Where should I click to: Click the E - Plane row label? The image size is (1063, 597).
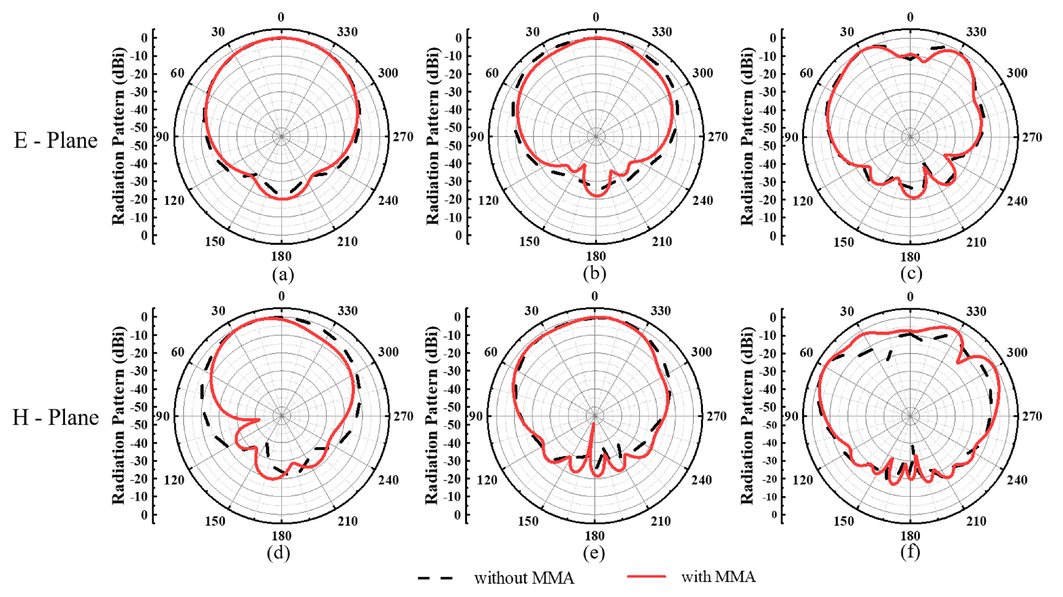point(56,141)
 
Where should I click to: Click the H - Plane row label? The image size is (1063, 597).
point(56,417)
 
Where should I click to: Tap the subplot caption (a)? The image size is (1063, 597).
point(283,275)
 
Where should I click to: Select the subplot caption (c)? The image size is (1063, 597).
point(911,274)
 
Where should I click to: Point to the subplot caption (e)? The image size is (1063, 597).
point(594,553)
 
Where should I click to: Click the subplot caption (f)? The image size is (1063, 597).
point(910,553)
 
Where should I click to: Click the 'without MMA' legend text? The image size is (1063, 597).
point(524,578)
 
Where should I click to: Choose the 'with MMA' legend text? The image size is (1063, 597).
point(718,577)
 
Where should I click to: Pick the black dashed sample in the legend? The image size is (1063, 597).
point(435,578)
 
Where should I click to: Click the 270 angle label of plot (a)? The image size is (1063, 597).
point(403,137)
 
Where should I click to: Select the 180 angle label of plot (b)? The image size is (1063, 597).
point(596,256)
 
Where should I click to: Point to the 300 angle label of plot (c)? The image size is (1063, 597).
point(1017,73)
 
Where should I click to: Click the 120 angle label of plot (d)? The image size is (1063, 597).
point(174,480)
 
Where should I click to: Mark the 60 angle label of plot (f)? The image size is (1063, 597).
point(806,352)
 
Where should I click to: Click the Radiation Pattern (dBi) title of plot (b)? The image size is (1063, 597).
point(433,137)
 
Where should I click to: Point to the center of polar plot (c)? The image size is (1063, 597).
point(910,137)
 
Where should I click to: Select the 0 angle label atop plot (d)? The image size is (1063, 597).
point(281,296)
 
